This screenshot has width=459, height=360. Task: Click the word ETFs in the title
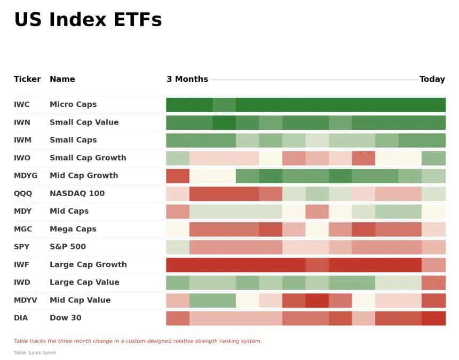[138, 20]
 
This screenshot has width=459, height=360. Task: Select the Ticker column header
[27, 79]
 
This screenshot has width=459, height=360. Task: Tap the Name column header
[62, 79]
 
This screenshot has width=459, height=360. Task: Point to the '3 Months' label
[187, 79]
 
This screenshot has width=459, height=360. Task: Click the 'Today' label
[432, 79]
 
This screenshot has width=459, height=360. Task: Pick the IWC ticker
[22, 105]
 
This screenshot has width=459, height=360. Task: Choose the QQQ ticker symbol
[23, 194]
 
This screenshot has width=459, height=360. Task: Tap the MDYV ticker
[26, 300]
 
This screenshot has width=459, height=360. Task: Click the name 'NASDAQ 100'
[77, 193]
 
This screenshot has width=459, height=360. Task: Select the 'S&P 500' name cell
[68, 247]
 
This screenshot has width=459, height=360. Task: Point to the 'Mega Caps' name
[73, 229]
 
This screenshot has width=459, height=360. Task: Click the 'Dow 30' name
[66, 318]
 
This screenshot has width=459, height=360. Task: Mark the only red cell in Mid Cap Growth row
[178, 176]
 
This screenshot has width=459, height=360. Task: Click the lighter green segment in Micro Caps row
[224, 105]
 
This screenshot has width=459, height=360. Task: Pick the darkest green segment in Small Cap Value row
[224, 123]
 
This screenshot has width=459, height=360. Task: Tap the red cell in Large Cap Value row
[433, 283]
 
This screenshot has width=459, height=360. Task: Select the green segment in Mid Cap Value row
[212, 301]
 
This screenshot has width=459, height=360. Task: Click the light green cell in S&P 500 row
[178, 247]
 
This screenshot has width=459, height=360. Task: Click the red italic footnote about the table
[138, 341]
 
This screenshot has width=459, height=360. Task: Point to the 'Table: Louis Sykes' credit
[35, 353]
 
